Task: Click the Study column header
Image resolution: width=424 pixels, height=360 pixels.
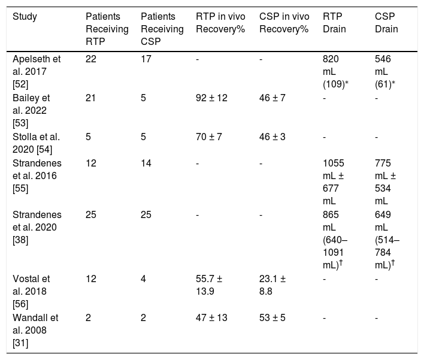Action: pyautogui.click(x=25, y=17)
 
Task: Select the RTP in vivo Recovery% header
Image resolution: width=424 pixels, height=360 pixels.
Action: pyautogui.click(x=220, y=23)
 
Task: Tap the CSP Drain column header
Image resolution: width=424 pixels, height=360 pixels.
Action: pyautogui.click(x=386, y=23)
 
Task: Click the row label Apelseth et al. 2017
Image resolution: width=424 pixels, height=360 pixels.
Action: pyautogui.click(x=37, y=71)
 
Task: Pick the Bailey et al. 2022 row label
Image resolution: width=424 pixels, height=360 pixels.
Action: pyautogui.click(x=31, y=110)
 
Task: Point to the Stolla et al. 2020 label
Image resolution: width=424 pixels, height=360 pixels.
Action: pyautogui.click(x=36, y=143)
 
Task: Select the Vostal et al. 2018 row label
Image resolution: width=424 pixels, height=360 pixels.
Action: pyautogui.click(x=31, y=291)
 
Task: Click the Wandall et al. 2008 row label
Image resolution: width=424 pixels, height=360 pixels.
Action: pyautogui.click(x=35, y=330)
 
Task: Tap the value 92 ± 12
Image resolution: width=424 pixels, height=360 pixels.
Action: pyautogui.click(x=211, y=98)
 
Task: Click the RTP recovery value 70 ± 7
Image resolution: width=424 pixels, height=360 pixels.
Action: pyautogui.click(x=209, y=137)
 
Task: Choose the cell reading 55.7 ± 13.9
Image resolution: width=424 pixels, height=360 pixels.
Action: pyautogui.click(x=209, y=285)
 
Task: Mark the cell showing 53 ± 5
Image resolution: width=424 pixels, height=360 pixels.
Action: pyautogui.click(x=272, y=317)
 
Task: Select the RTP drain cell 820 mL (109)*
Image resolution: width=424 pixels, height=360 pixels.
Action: pyautogui.click(x=335, y=71)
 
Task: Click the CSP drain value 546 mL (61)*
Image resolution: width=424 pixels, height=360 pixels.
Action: pyautogui.click(x=385, y=71)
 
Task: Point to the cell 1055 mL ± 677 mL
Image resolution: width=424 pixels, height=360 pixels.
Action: pyautogui.click(x=333, y=182)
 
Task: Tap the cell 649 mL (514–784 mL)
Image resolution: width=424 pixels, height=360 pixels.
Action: pyautogui.click(x=387, y=240)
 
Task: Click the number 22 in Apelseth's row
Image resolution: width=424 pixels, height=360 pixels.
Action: pyautogui.click(x=91, y=59)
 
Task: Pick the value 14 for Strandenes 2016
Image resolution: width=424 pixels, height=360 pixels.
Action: pyautogui.click(x=146, y=163)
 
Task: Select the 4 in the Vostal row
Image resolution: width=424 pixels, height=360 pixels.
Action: pyautogui.click(x=143, y=279)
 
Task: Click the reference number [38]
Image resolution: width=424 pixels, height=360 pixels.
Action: pyautogui.click(x=20, y=240)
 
